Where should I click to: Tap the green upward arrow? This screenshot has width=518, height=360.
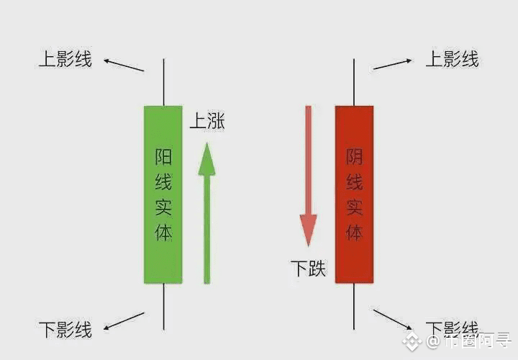207,216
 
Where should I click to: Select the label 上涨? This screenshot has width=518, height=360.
206,121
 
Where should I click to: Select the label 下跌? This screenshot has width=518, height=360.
308,269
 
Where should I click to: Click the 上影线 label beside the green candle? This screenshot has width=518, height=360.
65,59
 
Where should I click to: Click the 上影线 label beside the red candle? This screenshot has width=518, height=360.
452,59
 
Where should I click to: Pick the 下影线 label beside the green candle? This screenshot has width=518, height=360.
65,330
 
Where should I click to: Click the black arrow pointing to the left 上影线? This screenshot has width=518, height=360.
124,66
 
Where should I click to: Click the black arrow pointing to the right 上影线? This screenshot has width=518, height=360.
392,64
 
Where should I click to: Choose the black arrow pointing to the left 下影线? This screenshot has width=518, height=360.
124,320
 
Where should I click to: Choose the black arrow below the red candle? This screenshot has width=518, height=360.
393,320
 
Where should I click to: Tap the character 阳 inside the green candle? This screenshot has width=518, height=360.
163,157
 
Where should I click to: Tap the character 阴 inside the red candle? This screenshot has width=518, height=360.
354,157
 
